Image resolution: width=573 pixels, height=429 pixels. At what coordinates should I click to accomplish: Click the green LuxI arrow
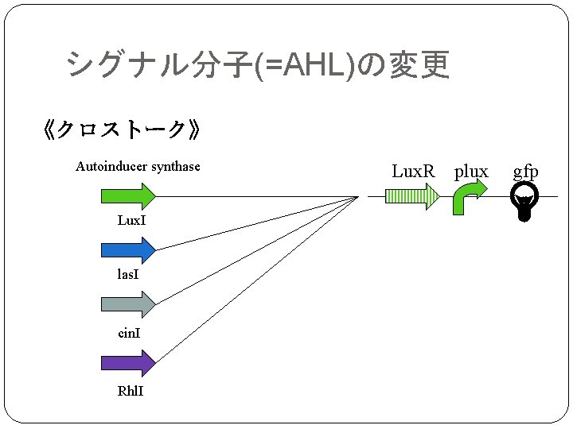coord(127,195)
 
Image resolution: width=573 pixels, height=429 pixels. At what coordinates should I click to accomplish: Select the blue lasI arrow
coord(127,249)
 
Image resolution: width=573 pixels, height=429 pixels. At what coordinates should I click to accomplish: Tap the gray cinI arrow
coord(127,303)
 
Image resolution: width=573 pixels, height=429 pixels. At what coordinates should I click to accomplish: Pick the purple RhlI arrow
coord(127,363)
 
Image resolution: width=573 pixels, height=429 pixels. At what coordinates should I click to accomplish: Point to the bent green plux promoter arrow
coord(468,196)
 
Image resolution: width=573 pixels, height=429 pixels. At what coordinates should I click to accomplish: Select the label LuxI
coord(131,220)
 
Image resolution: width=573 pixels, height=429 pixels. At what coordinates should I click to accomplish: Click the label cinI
coord(129,333)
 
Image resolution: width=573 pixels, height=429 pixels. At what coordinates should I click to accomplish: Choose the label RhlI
coord(131,392)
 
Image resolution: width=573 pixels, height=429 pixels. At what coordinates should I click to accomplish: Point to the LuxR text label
coord(413,171)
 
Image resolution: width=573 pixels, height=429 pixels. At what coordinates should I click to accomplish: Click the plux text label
coord(470,171)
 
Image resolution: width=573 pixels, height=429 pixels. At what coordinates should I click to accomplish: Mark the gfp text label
coord(525,171)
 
